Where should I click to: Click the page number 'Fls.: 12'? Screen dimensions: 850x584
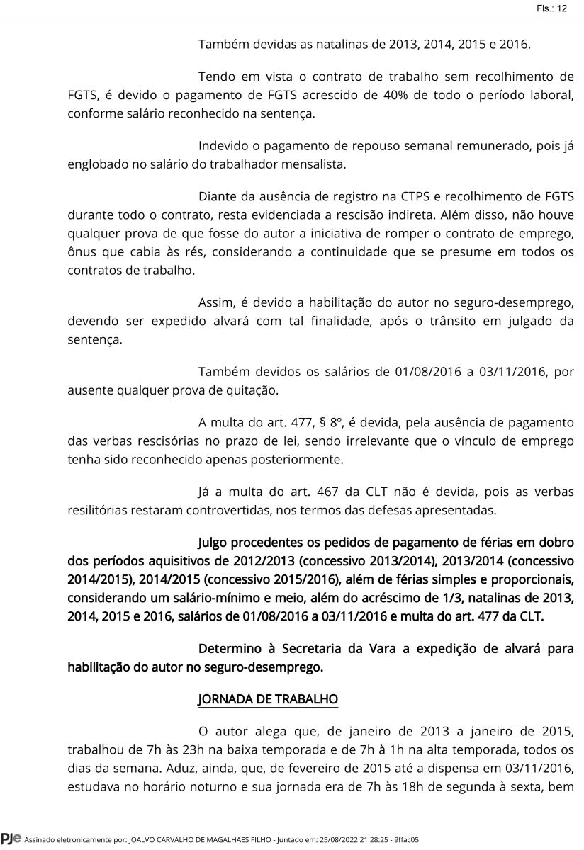tap(551, 8)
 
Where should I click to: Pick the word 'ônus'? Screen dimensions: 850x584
tap(82, 252)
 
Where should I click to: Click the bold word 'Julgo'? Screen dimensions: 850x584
tap(215, 544)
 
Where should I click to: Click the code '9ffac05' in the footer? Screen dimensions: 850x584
tap(405, 841)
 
